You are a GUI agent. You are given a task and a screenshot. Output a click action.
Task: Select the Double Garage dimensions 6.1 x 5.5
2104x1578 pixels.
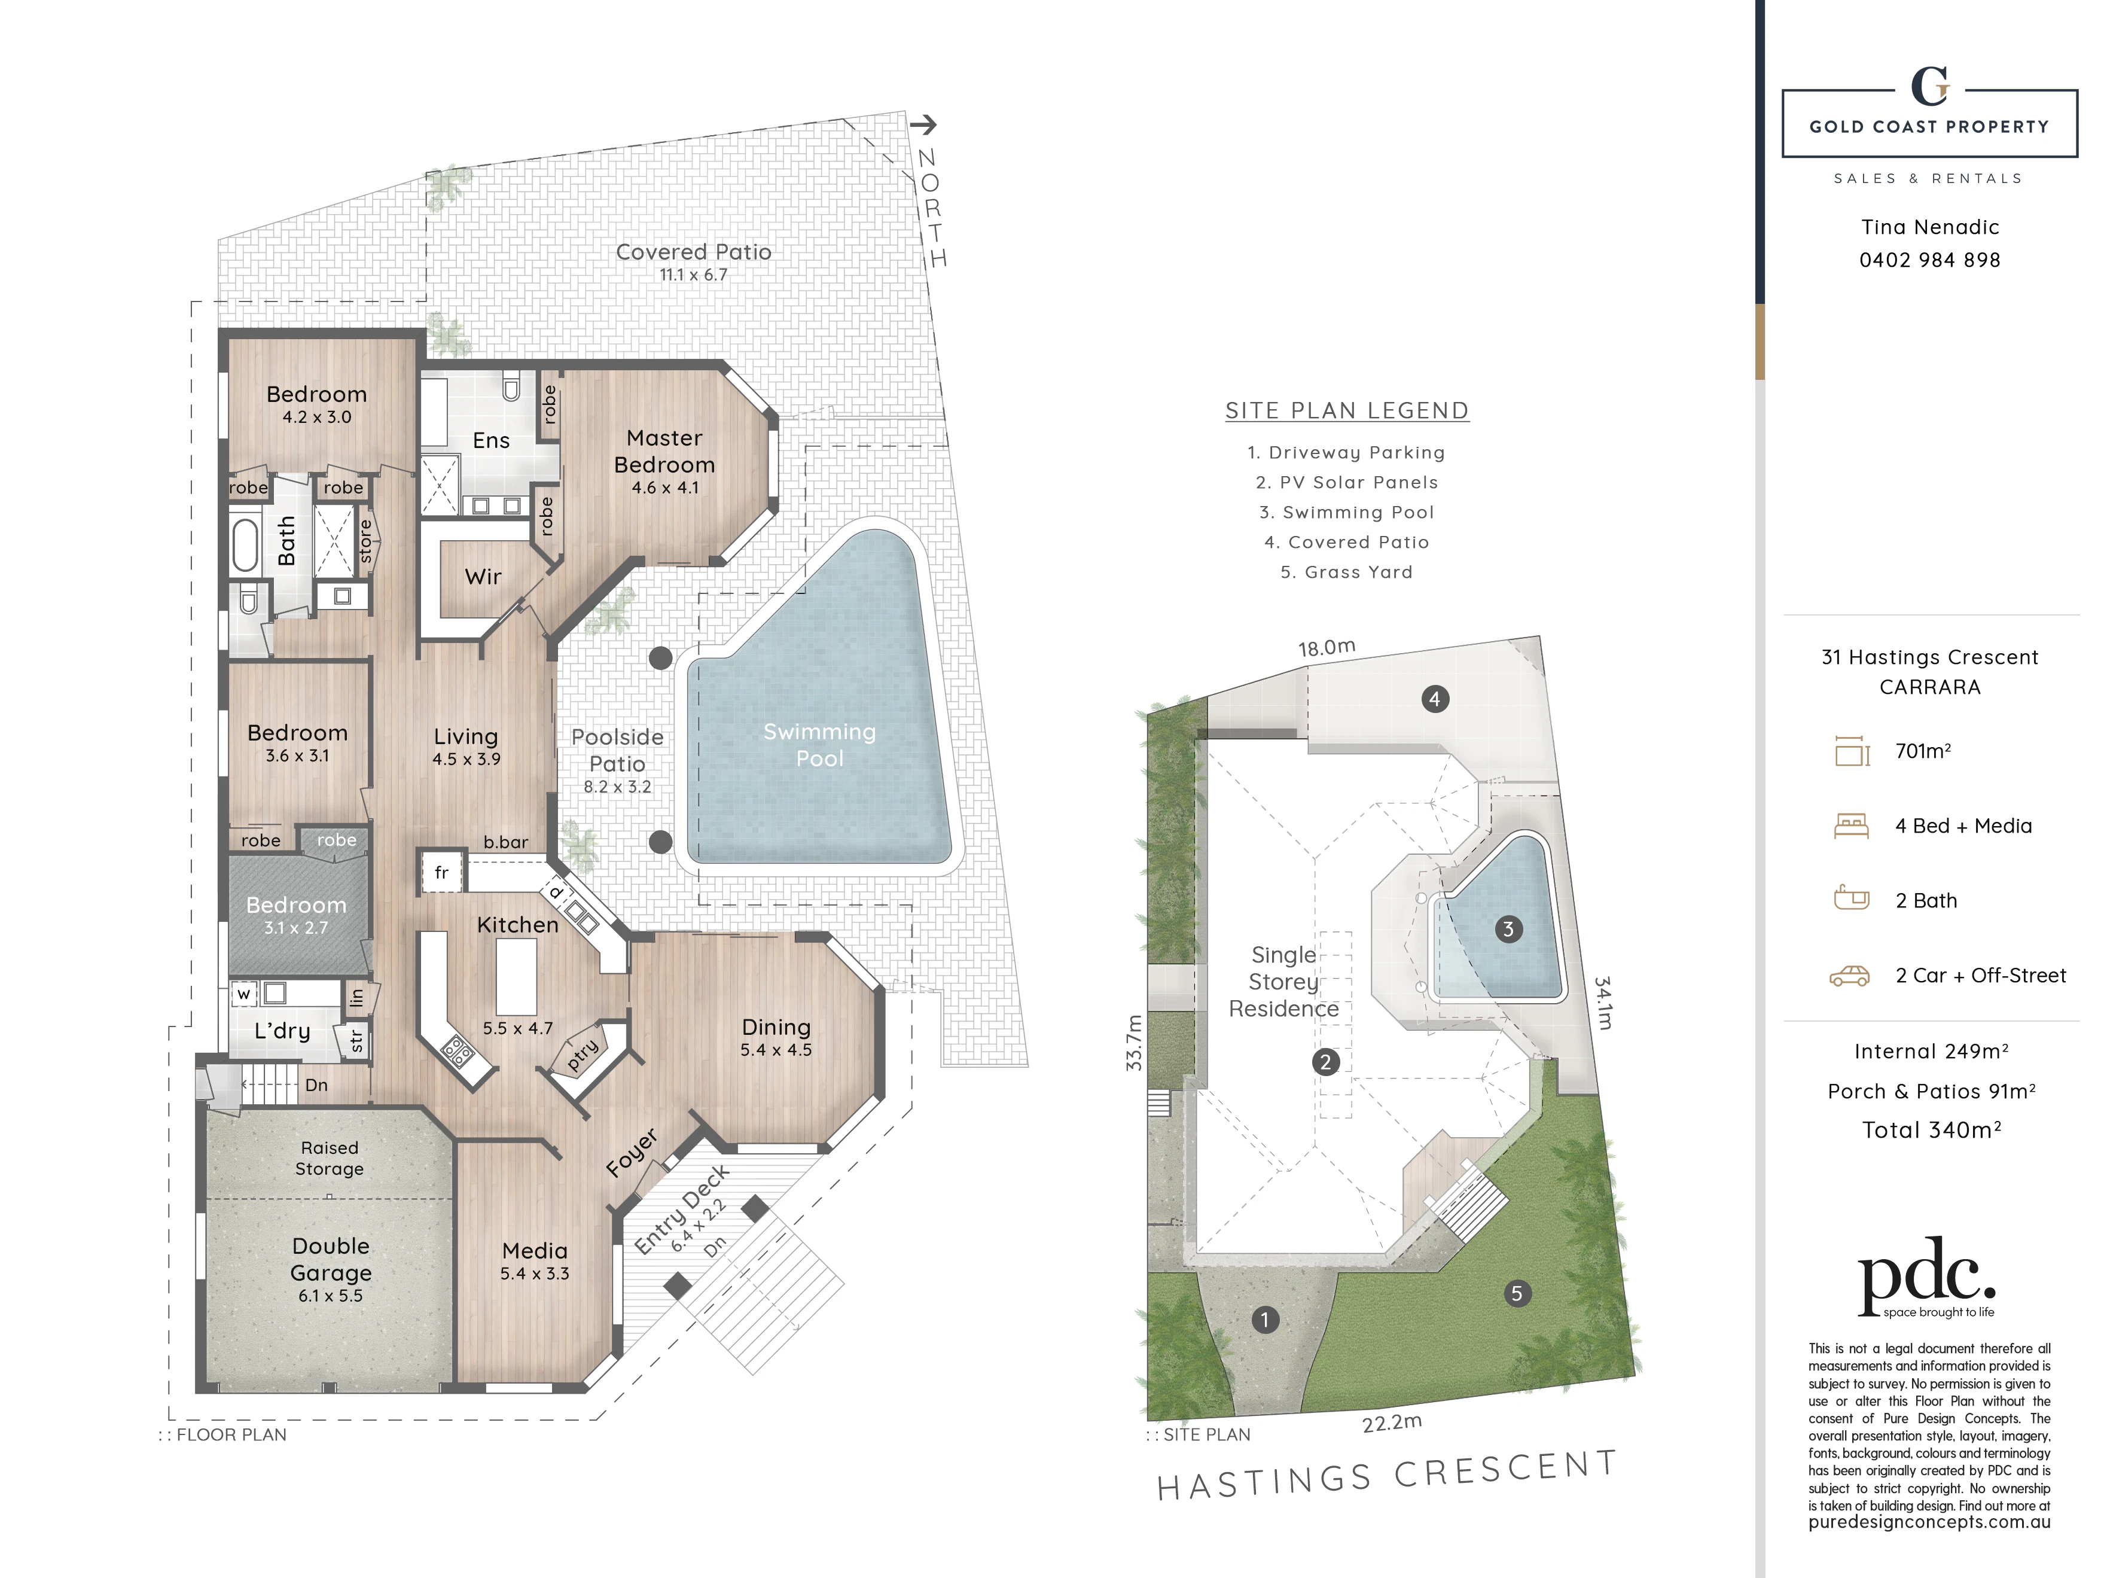click(x=330, y=1296)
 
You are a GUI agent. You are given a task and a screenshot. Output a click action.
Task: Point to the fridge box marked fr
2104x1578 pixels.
click(x=441, y=872)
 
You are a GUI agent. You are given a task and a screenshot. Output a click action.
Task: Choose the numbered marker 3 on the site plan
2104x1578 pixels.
click(x=1508, y=930)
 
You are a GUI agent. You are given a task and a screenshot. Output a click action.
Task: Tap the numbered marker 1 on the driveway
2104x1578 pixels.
click(x=1265, y=1319)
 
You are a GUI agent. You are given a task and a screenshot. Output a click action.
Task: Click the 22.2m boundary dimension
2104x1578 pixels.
click(x=1392, y=1424)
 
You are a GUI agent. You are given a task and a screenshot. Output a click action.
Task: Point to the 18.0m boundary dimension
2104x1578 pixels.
click(x=1327, y=648)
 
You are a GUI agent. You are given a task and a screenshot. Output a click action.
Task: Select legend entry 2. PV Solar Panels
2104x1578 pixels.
click(x=1347, y=482)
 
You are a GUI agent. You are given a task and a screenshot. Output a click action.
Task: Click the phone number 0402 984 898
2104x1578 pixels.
click(x=1930, y=260)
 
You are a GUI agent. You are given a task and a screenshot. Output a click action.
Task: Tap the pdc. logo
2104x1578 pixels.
click(x=1926, y=1275)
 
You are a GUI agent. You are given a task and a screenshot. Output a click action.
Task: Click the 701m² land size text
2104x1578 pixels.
click(x=1923, y=751)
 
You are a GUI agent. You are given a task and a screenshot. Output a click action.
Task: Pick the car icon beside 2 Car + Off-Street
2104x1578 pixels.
click(x=1849, y=976)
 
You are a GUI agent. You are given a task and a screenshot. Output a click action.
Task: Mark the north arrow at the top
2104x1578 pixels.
click(x=923, y=124)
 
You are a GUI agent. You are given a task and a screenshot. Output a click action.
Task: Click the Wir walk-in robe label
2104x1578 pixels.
click(x=483, y=577)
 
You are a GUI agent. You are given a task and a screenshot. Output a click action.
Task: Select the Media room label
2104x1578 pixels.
click(x=535, y=1251)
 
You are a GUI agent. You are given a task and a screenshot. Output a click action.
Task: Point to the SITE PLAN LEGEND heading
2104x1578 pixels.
click(x=1347, y=411)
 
